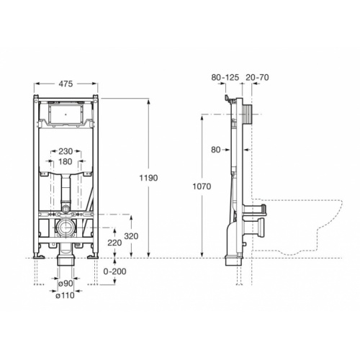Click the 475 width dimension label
(x=66, y=84)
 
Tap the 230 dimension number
(x=66, y=151)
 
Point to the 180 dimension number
(x=66, y=162)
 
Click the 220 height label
(x=114, y=243)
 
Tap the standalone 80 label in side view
(x=216, y=150)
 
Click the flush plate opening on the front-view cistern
(x=66, y=113)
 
